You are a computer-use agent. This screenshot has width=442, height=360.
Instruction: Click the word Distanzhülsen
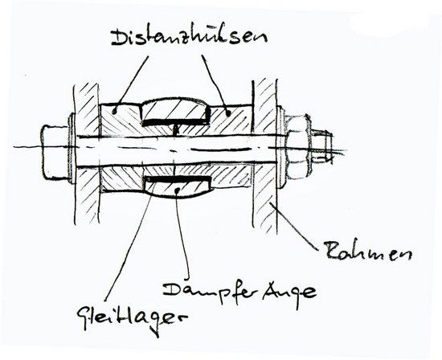pos(189,37)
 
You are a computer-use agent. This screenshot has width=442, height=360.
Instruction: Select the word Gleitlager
pos(132,319)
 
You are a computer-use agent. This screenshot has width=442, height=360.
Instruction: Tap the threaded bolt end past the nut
pos(322,146)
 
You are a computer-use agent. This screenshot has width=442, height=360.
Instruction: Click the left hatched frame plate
pos(87,153)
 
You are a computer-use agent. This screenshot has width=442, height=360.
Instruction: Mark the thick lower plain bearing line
pos(178,178)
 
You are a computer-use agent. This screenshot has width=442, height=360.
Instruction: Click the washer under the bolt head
pos(72,148)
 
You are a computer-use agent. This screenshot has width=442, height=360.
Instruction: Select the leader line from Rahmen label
pos(293,226)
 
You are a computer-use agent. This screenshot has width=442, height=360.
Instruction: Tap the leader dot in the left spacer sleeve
pos(113,112)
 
